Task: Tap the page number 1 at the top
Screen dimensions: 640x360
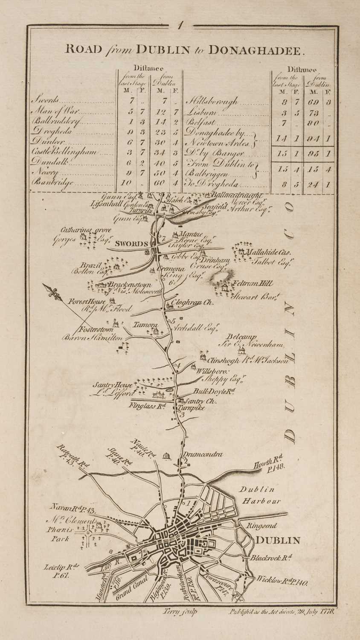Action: pyautogui.click(x=180, y=26)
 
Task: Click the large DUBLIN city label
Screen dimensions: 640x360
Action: pyautogui.click(x=277, y=541)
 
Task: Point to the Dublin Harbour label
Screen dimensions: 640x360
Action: pyautogui.click(x=260, y=495)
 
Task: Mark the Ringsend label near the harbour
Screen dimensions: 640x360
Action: pyautogui.click(x=262, y=526)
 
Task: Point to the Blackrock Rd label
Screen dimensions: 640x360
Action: pyautogui.click(x=271, y=558)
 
